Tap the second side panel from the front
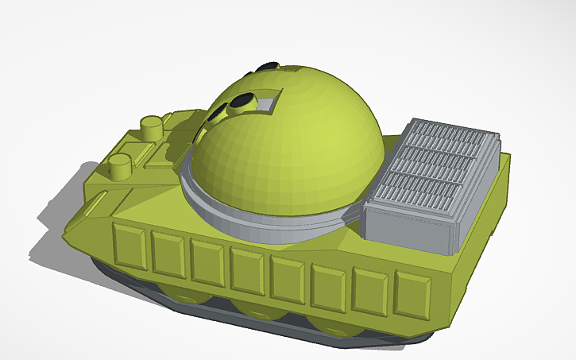click(168, 255)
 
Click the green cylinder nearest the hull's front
click(119, 166)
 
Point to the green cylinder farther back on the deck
click(151, 126)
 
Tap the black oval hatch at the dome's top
click(270, 66)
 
